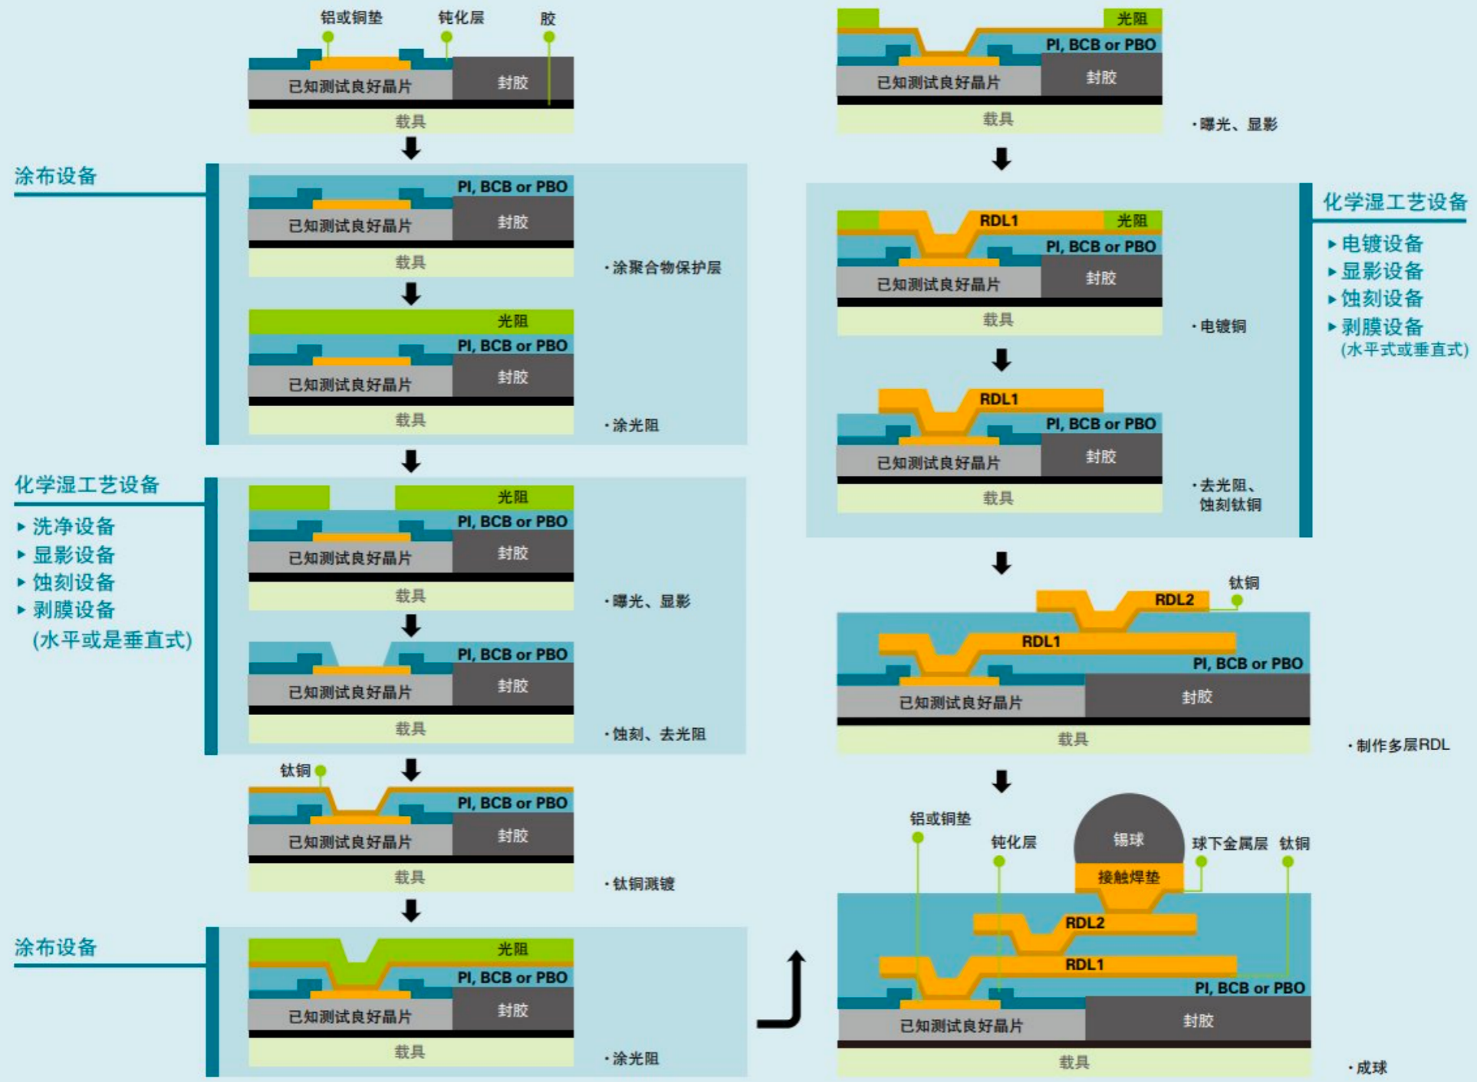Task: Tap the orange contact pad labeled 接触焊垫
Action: (x=1128, y=877)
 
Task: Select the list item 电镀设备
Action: (x=1382, y=244)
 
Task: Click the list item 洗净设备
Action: (x=74, y=526)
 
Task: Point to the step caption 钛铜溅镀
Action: (x=643, y=884)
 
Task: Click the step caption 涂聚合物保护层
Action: (x=666, y=267)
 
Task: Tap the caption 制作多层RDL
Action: (x=1402, y=745)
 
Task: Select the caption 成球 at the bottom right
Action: (x=1371, y=1067)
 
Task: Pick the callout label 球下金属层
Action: (x=1229, y=844)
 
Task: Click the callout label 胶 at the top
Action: (x=548, y=18)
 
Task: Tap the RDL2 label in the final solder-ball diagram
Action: (x=1084, y=923)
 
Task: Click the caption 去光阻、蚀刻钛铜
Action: (x=1229, y=494)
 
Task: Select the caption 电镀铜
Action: (x=1222, y=326)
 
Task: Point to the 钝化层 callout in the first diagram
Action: (x=461, y=17)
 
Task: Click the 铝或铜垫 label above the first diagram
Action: (x=351, y=17)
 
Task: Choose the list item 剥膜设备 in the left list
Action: (x=74, y=610)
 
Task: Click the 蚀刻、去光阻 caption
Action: (x=659, y=734)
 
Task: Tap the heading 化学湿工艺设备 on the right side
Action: (x=1394, y=202)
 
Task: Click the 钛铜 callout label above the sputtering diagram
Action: (x=295, y=770)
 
